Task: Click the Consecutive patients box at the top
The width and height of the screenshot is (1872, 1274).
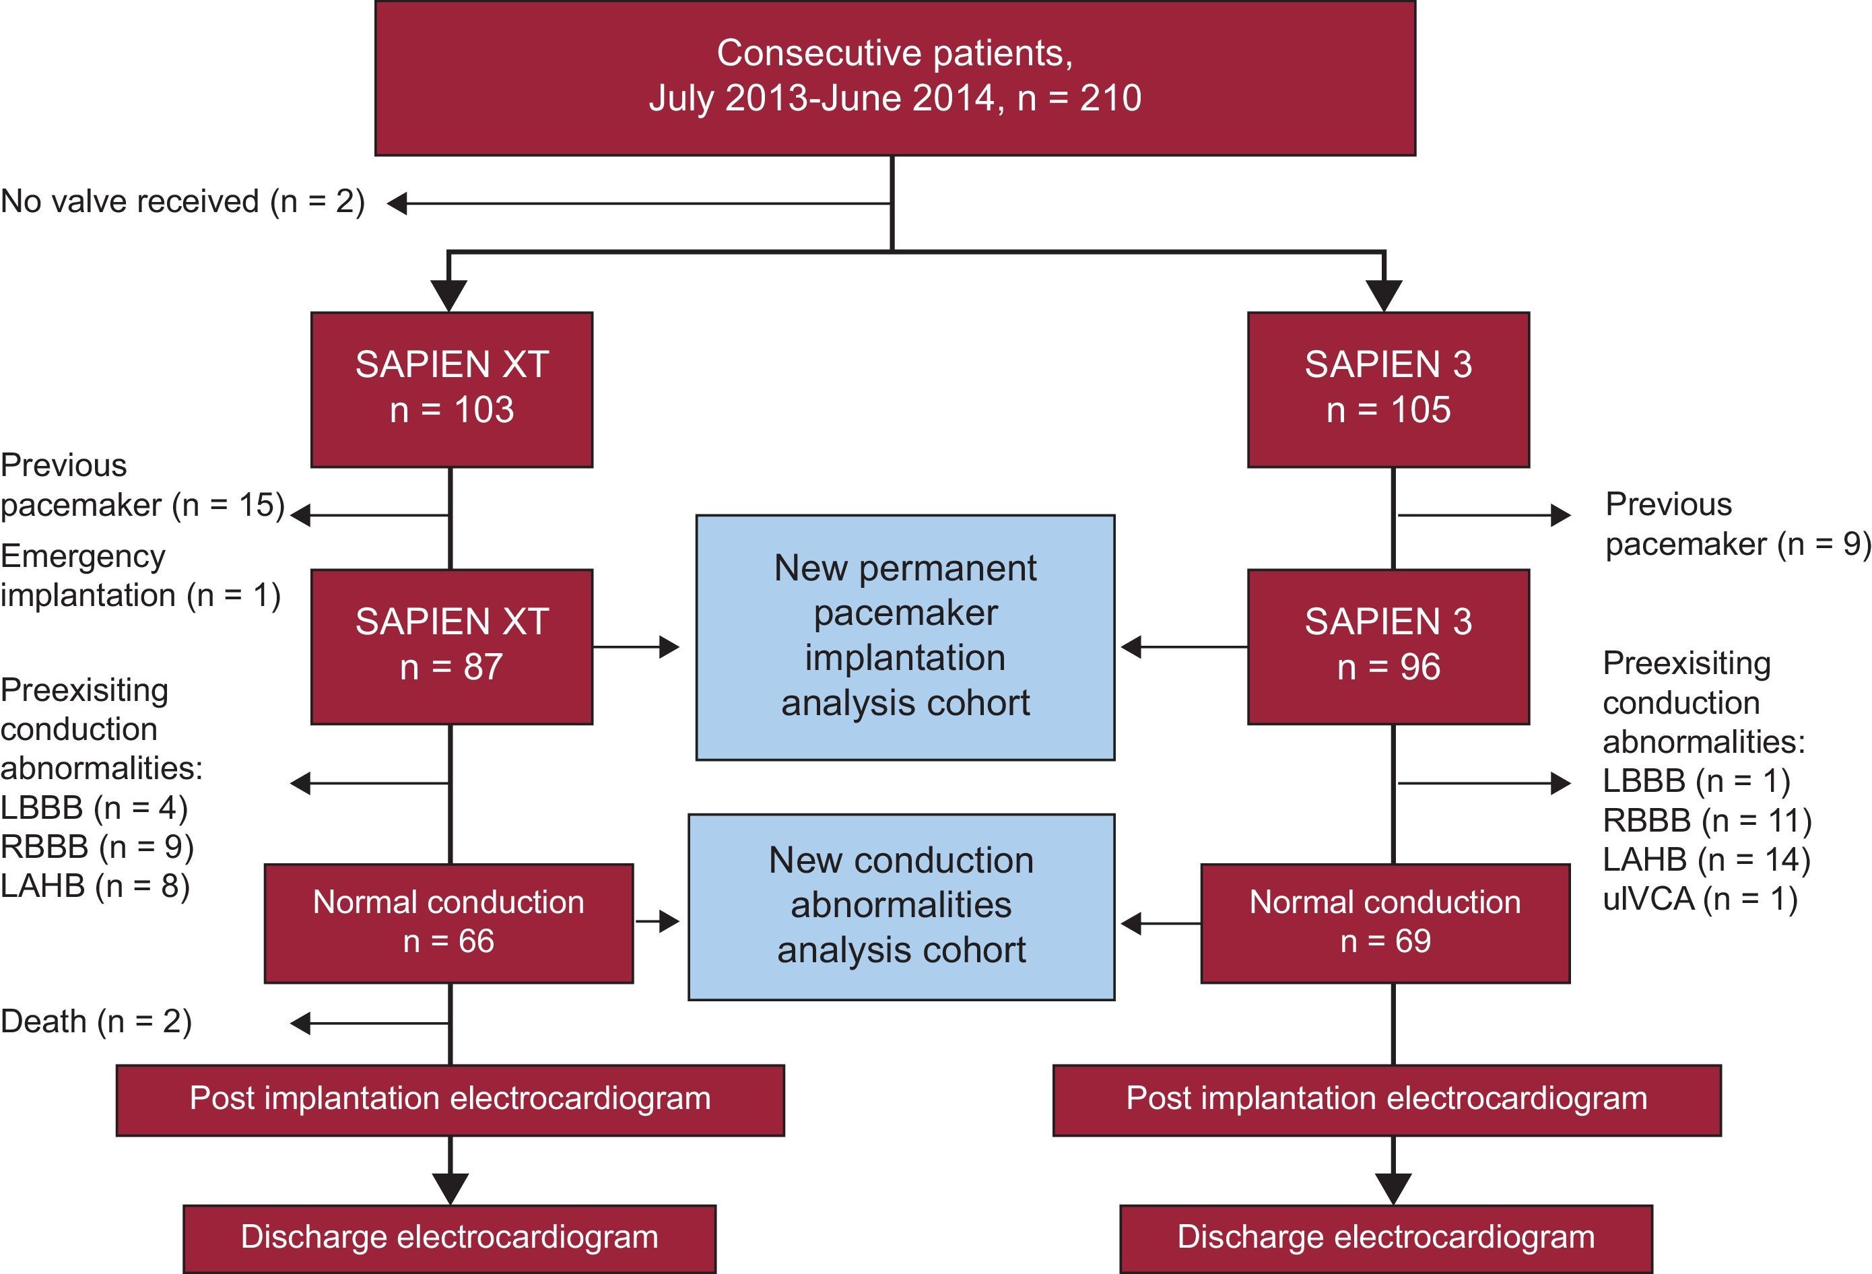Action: click(894, 77)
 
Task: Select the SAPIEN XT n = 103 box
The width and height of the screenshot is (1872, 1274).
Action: click(451, 389)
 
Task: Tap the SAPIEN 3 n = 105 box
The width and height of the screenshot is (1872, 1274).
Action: click(1388, 389)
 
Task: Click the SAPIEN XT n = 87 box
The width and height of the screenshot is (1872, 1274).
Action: click(451, 646)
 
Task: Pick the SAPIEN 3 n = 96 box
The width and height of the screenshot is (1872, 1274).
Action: click(1388, 646)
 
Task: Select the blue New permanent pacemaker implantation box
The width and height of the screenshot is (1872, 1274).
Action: click(904, 636)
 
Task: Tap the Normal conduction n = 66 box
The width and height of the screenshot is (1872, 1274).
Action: click(448, 923)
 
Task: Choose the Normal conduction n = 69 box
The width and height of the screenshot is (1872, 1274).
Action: click(1384, 923)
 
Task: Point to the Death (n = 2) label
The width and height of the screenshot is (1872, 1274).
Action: click(96, 1021)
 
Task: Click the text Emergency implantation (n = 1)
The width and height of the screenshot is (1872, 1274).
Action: click(140, 576)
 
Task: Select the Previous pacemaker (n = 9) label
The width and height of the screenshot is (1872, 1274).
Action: click(1736, 525)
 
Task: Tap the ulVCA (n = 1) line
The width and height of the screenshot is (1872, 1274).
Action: click(1700, 899)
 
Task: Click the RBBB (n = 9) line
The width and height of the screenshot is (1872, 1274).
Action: click(97, 847)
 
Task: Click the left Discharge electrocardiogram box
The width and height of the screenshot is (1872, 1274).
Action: click(448, 1238)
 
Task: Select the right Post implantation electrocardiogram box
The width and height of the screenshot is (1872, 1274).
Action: click(1386, 1099)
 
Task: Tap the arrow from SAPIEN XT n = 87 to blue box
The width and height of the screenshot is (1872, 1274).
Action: click(636, 646)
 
